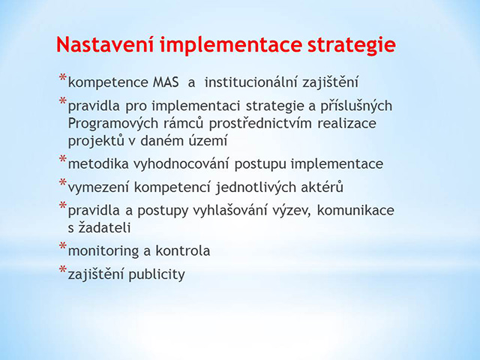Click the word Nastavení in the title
[105, 44]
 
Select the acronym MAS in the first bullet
[166, 82]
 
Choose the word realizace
[346, 123]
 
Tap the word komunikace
[355, 210]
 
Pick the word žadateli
[105, 227]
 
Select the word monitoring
[103, 251]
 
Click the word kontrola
[183, 250]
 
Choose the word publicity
[157, 274]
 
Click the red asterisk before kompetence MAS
[63, 77]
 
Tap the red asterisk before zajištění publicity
[63, 269]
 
